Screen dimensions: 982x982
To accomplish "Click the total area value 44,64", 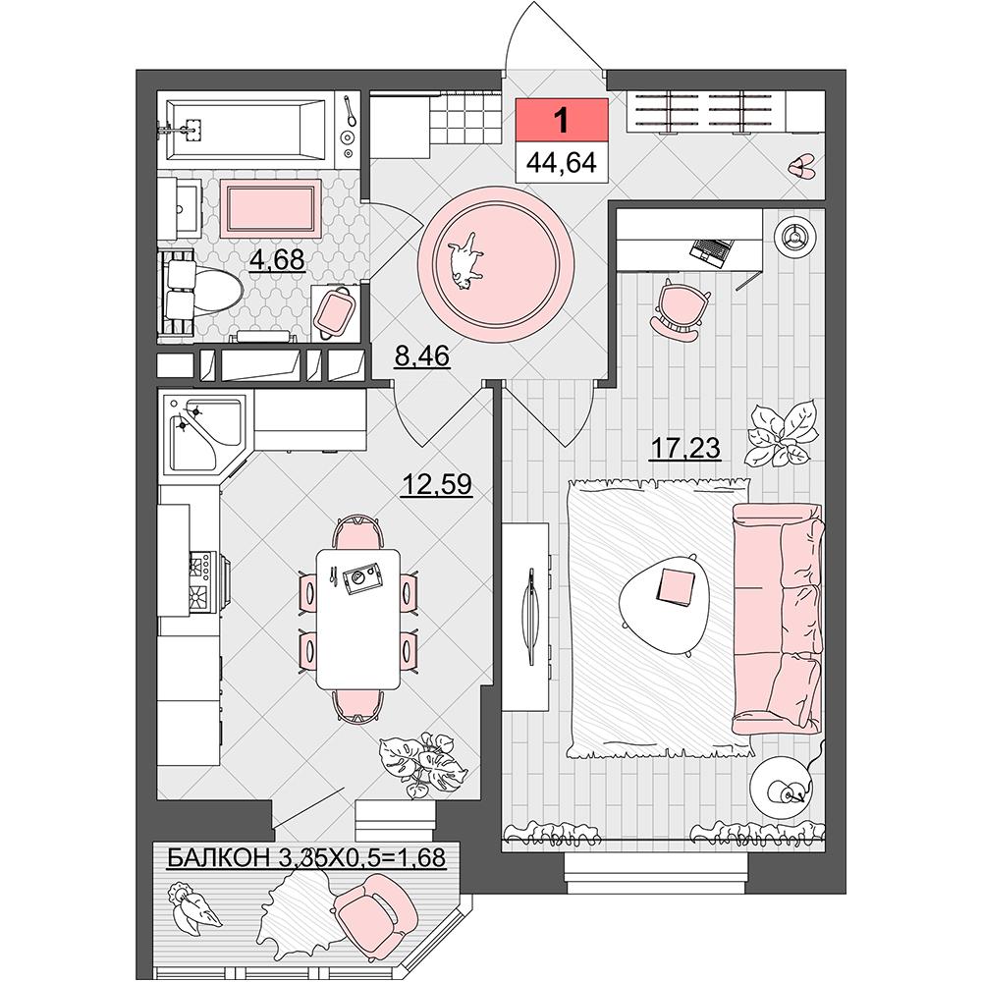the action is tap(562, 162).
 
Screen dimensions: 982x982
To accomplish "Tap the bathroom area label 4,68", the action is tap(278, 258).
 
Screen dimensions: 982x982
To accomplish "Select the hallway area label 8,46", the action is tap(422, 356).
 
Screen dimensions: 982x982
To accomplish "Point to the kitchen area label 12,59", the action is tap(437, 483).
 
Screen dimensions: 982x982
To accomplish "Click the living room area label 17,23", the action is tap(685, 449).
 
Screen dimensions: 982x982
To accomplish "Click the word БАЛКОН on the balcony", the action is tap(217, 857).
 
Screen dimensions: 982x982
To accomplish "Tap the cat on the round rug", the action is tap(465, 259).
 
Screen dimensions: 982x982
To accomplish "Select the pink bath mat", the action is tap(271, 207).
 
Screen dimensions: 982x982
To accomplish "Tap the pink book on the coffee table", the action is tap(676, 587).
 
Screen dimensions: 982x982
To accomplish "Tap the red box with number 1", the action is tap(562, 119).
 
